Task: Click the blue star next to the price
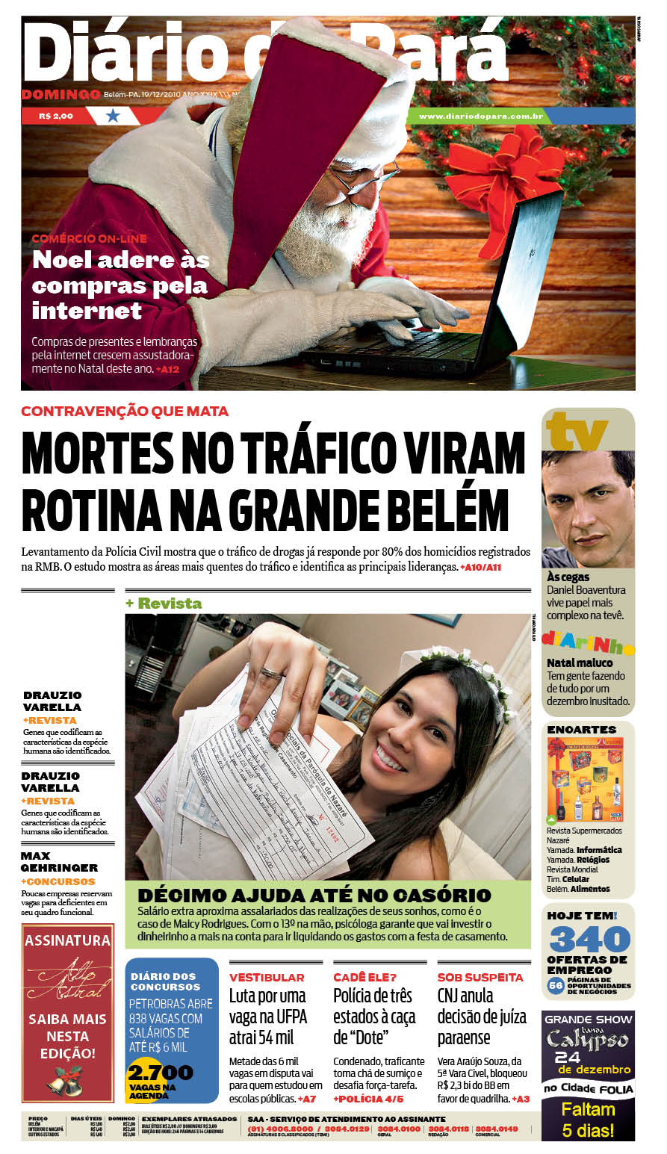tap(113, 116)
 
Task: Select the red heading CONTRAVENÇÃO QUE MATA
tap(125, 412)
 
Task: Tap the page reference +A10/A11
tap(480, 568)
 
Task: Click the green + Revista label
tap(164, 603)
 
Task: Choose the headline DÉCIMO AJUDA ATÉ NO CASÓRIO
tap(314, 895)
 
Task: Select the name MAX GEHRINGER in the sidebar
tap(59, 862)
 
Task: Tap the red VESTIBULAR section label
tap(267, 977)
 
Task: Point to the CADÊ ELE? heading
tap(364, 977)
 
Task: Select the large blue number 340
tap(589, 939)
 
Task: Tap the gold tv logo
tap(576, 431)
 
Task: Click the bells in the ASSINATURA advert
tap(68, 1079)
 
